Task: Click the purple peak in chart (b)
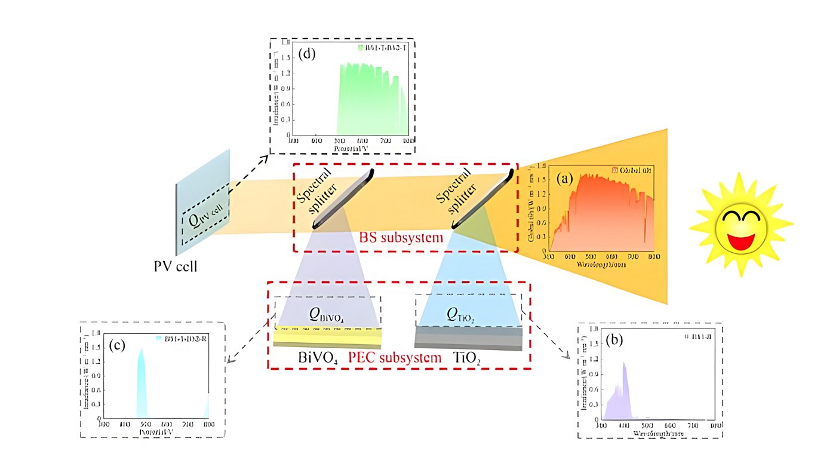coord(624,388)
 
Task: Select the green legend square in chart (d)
coord(359,47)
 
